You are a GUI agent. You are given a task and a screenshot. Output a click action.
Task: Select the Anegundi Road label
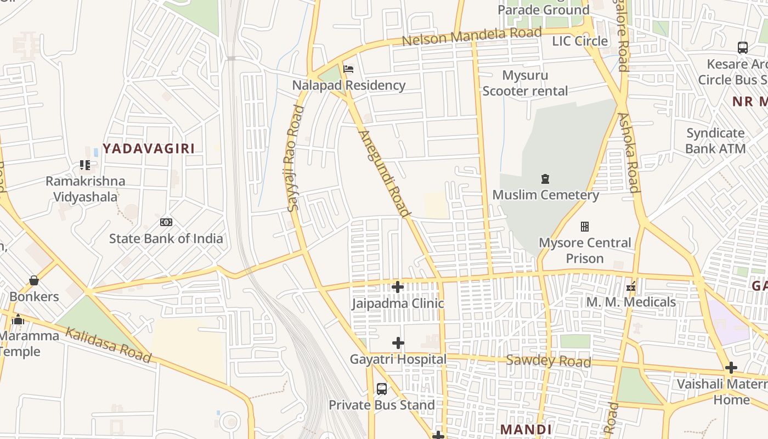[x=384, y=173]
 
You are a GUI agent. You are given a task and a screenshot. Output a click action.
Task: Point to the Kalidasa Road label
[x=108, y=345]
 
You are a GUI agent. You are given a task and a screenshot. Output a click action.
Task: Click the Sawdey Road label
[x=548, y=361]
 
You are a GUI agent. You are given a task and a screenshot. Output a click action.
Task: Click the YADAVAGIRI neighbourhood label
[x=149, y=148]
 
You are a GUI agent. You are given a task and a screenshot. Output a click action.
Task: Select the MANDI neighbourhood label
[x=526, y=429]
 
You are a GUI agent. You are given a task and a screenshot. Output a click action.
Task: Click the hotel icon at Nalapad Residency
[x=348, y=69]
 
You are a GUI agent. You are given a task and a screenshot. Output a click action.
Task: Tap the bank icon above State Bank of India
[x=166, y=222]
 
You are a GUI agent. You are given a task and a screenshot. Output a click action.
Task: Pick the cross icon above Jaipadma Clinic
[x=398, y=287]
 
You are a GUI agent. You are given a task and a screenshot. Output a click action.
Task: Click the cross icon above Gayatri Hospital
[x=398, y=344]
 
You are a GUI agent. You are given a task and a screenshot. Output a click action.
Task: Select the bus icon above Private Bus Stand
[x=382, y=389]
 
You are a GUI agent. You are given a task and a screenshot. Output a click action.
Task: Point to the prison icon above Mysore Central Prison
[x=585, y=227]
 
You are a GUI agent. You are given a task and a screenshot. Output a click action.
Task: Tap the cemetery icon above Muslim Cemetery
[x=545, y=179]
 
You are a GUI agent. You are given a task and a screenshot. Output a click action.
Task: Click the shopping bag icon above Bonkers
[x=34, y=280]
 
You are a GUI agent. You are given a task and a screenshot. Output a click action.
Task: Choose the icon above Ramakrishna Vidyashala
[x=85, y=165]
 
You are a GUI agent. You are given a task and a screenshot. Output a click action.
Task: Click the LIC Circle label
[x=580, y=41]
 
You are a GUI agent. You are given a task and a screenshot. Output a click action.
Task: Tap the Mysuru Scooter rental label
[x=525, y=83]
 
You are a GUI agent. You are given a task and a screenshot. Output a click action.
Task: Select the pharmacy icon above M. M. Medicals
[x=631, y=286]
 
